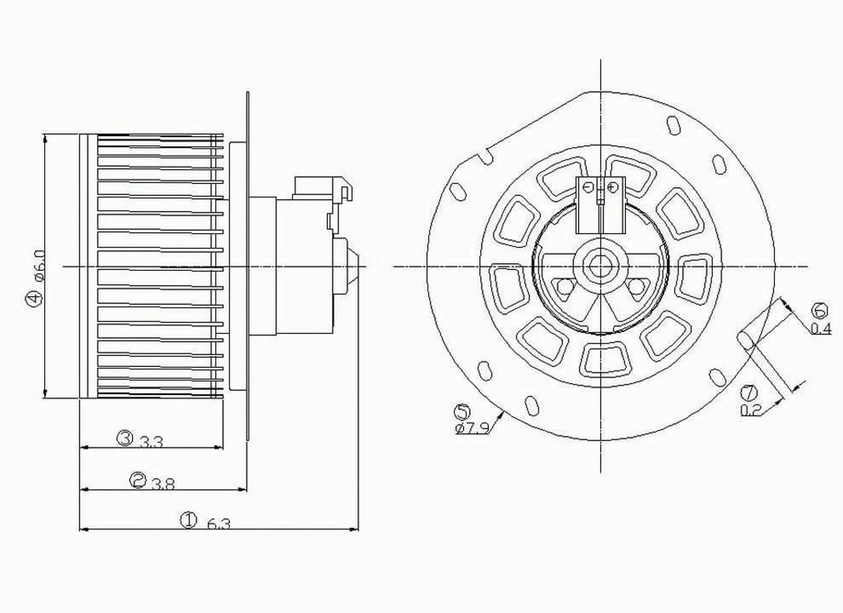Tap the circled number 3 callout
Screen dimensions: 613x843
[x=125, y=438]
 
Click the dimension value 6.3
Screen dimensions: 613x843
[x=219, y=525]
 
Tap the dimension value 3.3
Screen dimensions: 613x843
[x=151, y=441]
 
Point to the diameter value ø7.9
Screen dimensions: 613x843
[x=472, y=428]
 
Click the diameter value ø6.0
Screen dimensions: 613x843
[x=39, y=265]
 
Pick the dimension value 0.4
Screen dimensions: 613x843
[x=821, y=329]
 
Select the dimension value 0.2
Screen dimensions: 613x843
[x=750, y=410]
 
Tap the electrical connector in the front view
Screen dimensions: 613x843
[x=600, y=204]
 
